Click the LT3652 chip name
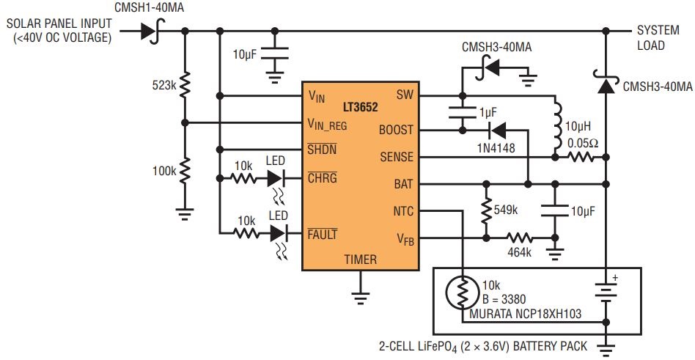[x=361, y=107]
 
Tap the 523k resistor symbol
[x=185, y=84]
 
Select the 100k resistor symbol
[x=185, y=170]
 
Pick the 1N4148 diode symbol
[x=497, y=131]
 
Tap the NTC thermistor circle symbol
[x=463, y=292]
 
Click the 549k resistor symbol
[x=486, y=211]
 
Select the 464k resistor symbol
[x=520, y=238]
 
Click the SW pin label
[x=403, y=95]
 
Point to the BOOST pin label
[x=396, y=131]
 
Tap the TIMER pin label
[x=361, y=260]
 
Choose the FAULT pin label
[x=323, y=235]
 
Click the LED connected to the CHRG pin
[x=276, y=179]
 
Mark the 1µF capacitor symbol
[x=463, y=113]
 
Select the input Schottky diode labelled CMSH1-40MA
[x=152, y=31]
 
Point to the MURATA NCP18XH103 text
[x=525, y=315]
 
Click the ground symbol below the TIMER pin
[x=361, y=295]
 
